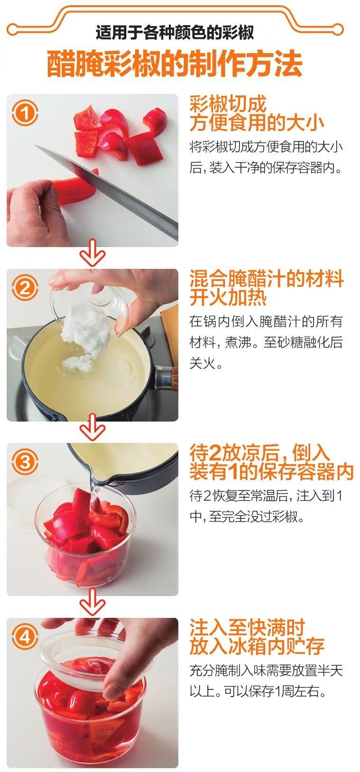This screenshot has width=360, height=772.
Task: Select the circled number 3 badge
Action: tap(25, 462)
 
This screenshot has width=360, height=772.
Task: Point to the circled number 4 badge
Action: tap(25, 637)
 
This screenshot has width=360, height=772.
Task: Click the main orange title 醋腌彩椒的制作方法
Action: tap(175, 64)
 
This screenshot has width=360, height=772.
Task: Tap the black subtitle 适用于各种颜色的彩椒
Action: tap(175, 33)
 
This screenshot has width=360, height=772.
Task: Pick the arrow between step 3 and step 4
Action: tap(92, 603)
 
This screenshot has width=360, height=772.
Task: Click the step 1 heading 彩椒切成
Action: tap(228, 104)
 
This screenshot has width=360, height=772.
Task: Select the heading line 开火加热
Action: tap(228, 297)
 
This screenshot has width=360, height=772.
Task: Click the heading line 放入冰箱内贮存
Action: tap(257, 646)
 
